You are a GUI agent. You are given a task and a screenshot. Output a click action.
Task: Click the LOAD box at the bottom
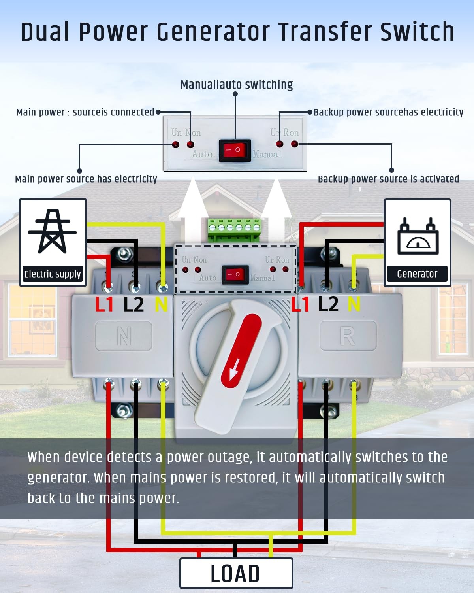coord(236,573)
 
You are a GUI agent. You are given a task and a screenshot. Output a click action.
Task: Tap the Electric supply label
coord(53,274)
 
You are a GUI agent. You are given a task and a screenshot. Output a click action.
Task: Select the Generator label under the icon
coord(417,274)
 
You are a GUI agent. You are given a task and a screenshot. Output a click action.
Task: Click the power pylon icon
coord(52,231)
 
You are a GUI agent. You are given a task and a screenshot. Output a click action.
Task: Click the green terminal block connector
coord(234,229)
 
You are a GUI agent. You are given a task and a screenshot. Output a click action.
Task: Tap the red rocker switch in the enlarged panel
coord(235,150)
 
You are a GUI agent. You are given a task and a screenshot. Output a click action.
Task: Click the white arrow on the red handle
coord(233,372)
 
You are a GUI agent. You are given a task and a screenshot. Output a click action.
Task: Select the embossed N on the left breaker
coord(124,336)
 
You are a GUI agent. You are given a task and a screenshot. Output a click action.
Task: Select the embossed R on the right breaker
coord(348,336)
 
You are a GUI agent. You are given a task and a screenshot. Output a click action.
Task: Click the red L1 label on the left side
coord(104,305)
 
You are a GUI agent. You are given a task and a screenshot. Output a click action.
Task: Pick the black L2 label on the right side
coord(328,304)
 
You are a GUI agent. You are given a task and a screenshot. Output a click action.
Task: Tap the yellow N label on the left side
coord(161,305)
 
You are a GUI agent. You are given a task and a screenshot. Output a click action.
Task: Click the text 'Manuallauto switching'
coord(237,85)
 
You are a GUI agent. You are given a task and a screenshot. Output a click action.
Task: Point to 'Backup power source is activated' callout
coord(388,179)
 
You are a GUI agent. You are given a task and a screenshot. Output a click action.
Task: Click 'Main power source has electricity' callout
coord(86,179)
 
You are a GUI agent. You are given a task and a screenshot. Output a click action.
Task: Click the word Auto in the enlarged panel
coord(202,154)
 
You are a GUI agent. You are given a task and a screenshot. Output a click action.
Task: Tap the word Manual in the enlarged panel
coord(267,154)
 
